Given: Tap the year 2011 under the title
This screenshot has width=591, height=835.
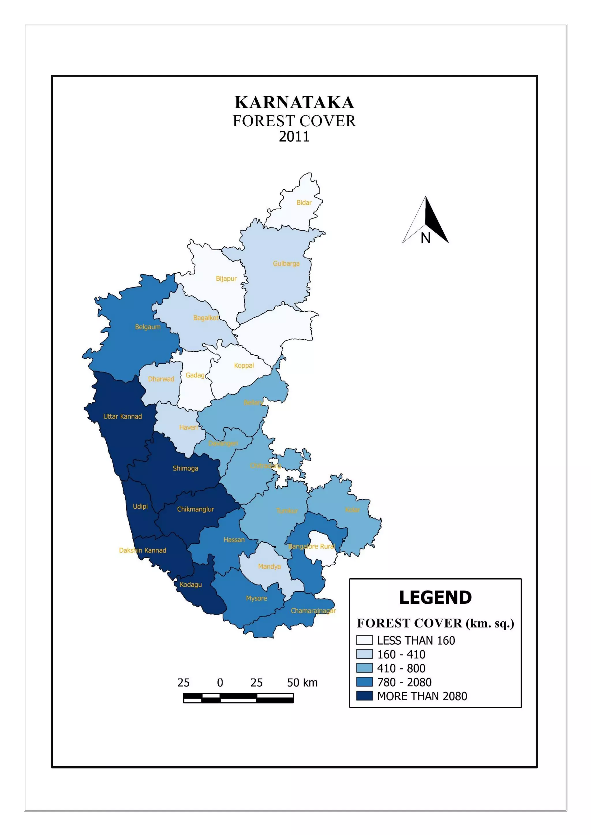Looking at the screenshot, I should [294, 137].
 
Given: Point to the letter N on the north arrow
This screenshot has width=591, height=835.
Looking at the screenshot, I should [425, 238].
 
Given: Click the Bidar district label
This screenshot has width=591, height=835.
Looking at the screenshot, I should [304, 203].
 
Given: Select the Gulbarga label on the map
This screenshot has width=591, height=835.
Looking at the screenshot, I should [286, 263].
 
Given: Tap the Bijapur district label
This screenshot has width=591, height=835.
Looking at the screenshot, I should [226, 279].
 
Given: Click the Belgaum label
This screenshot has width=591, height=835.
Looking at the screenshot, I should [147, 327].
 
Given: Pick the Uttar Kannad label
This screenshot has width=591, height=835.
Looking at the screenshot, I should [122, 416].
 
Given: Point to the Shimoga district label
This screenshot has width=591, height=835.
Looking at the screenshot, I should [185, 468].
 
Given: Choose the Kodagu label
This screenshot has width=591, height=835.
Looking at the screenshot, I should [190, 584].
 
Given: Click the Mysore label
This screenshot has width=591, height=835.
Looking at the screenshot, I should [256, 598].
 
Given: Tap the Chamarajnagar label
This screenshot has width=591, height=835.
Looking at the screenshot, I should [313, 611].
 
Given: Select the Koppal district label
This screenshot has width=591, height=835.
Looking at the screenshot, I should [244, 366].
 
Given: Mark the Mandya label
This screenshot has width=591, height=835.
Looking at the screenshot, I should [269, 566].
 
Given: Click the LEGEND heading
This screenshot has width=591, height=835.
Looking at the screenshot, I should [435, 597].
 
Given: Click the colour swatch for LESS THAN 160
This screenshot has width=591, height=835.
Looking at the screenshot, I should [364, 640].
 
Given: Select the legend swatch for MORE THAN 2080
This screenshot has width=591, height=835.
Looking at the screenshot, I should [364, 696].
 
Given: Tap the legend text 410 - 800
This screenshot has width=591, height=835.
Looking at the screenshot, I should [401, 668].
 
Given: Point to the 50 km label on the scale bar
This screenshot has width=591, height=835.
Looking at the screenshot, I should [302, 683].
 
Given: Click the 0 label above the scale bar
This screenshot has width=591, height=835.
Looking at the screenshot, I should [220, 683].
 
